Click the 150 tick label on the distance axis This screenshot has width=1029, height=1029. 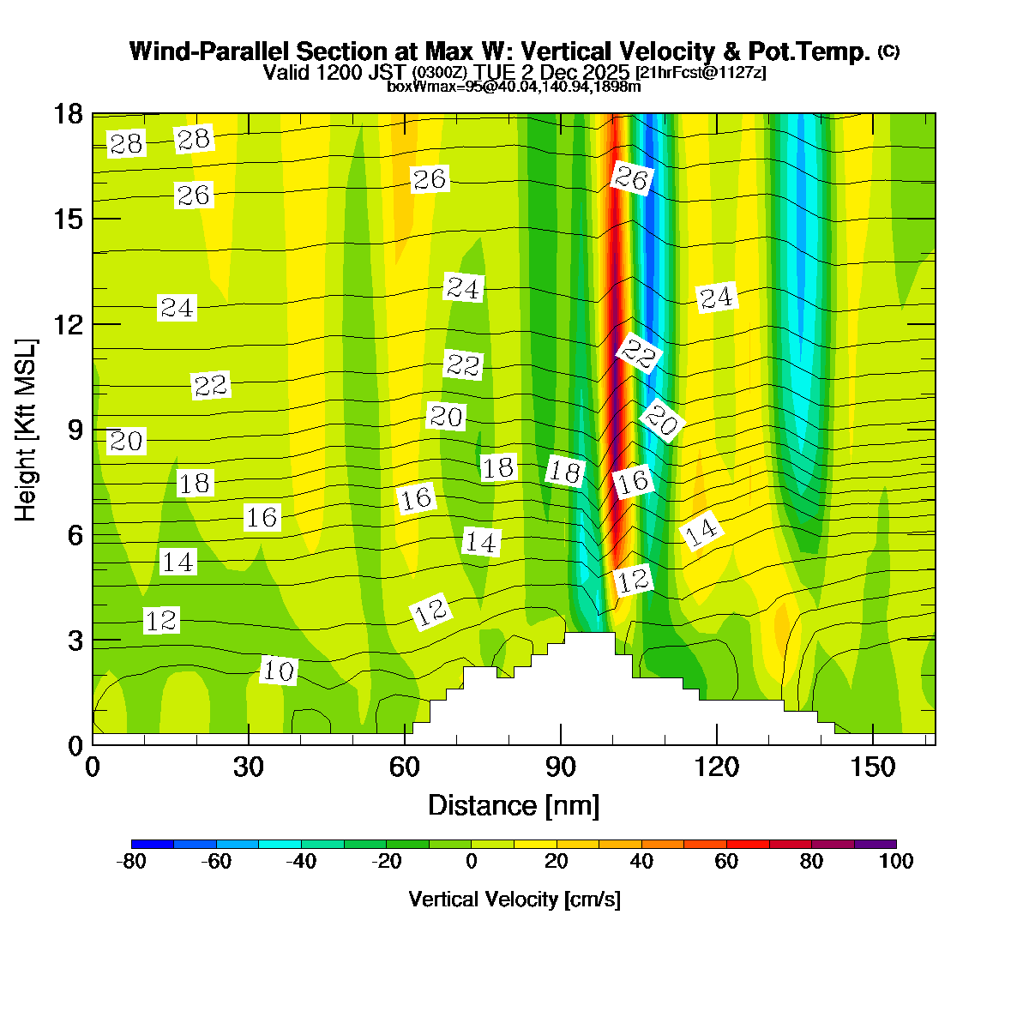pos(872,767)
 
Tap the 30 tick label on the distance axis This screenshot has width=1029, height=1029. pos(248,767)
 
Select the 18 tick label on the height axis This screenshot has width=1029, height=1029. pos(69,113)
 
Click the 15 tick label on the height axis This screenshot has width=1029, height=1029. pos(69,219)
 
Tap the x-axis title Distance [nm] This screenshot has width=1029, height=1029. pos(513,806)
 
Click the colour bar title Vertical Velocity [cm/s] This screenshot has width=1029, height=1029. pos(514,900)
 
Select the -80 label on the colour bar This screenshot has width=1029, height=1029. pos(130,862)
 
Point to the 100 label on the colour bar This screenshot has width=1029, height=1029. pos(895,862)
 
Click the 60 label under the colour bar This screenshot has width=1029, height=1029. pos(726,862)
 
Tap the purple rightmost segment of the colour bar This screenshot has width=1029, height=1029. pos(875,844)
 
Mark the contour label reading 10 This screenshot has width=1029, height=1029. pos(278,671)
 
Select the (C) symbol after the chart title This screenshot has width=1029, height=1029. pos(888,51)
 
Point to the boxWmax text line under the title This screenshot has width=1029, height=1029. pos(514,87)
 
